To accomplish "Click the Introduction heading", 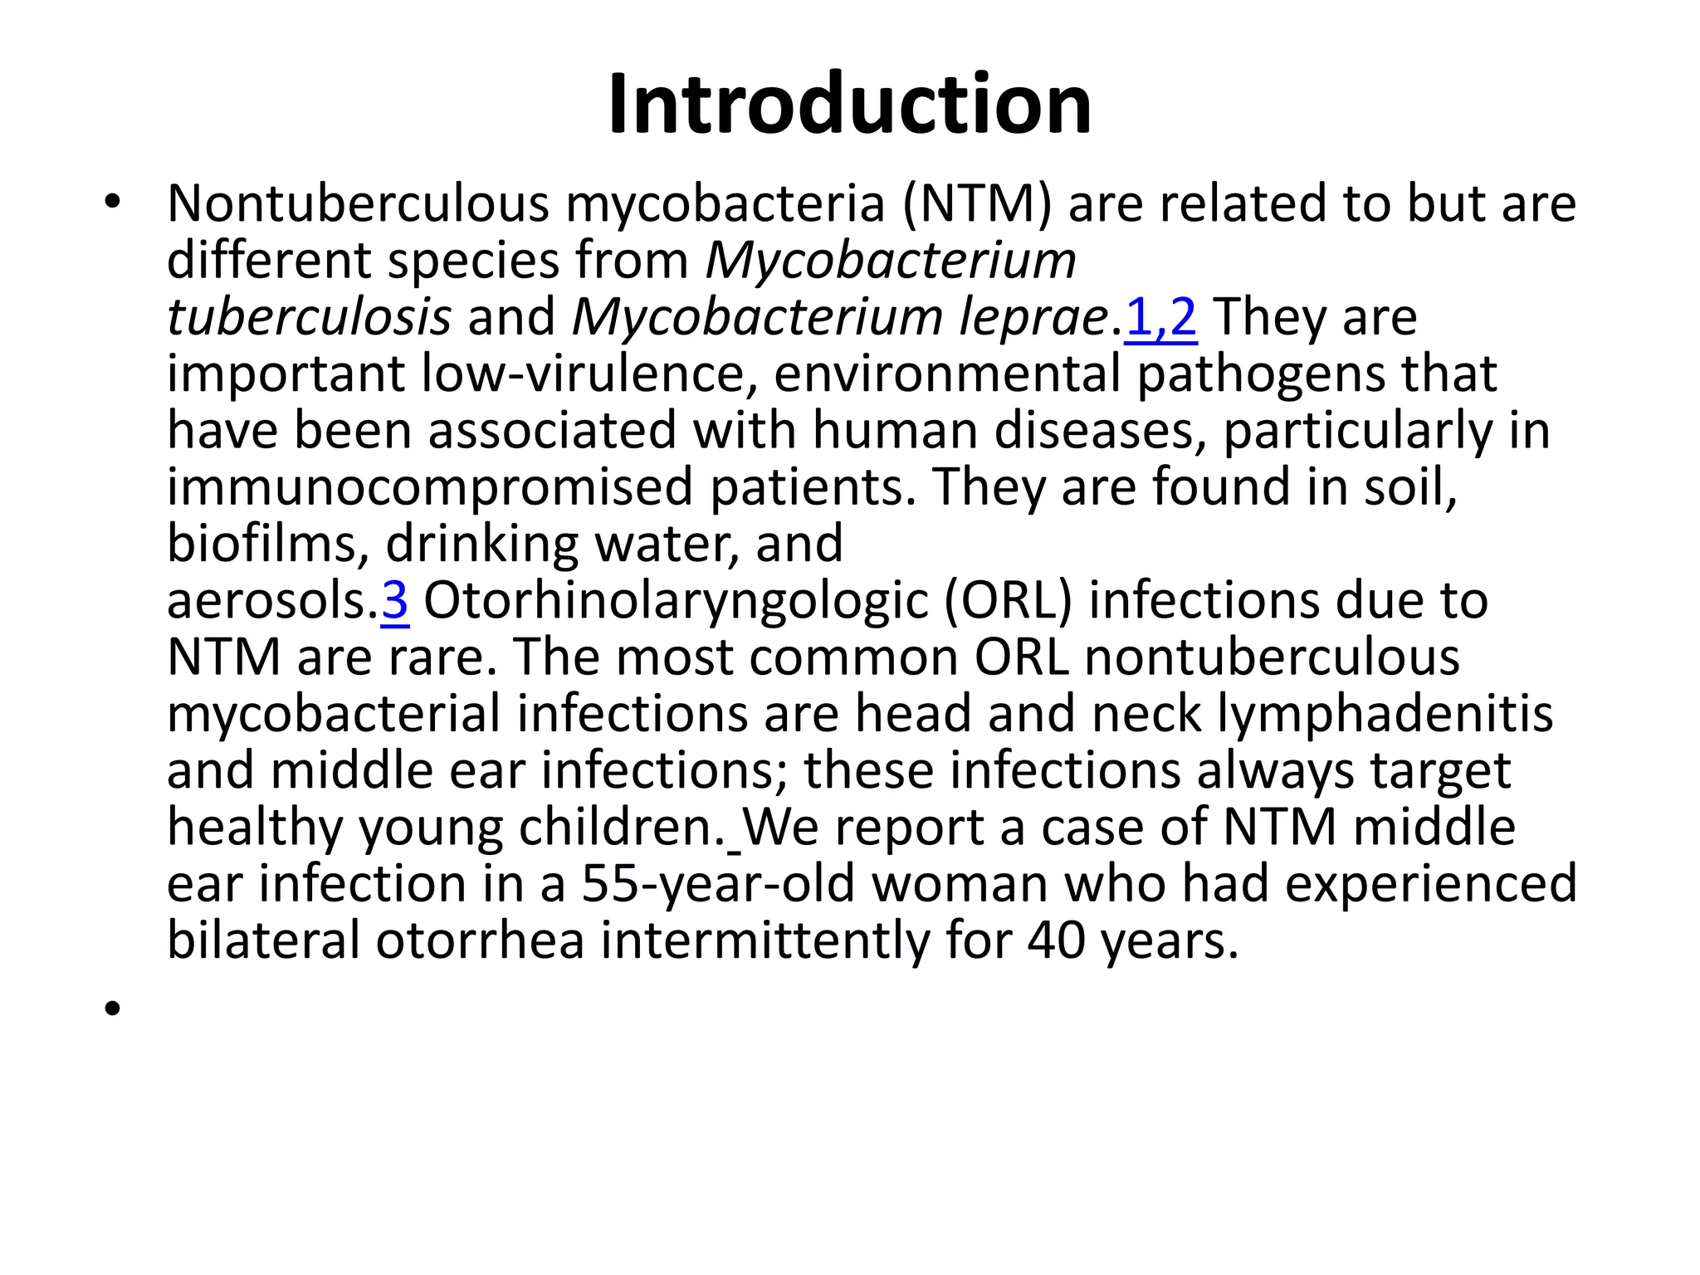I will pyautogui.click(x=849, y=105).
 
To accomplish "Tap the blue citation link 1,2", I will pyautogui.click(x=1160, y=317).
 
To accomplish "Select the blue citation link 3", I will pyautogui.click(x=394, y=600).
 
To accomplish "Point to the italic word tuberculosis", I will pyautogui.click(x=309, y=317).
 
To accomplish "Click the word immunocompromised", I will pyautogui.click(x=429, y=487).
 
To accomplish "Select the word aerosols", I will pyautogui.click(x=271, y=600).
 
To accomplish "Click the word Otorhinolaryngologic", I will pyautogui.click(x=676, y=600).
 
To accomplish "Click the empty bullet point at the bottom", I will pyautogui.click(x=113, y=1009).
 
